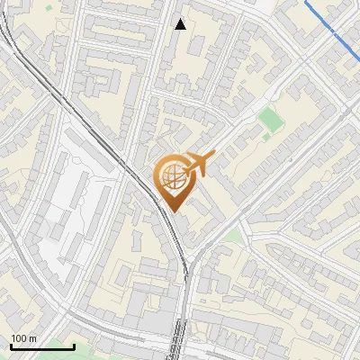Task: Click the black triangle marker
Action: (181, 24)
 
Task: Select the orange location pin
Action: (175, 180)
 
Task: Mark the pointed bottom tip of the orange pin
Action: (172, 211)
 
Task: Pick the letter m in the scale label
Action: (34, 339)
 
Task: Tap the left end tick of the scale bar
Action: (11, 346)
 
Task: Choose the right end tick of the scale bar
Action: (75, 346)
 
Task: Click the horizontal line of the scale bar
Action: (42, 346)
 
